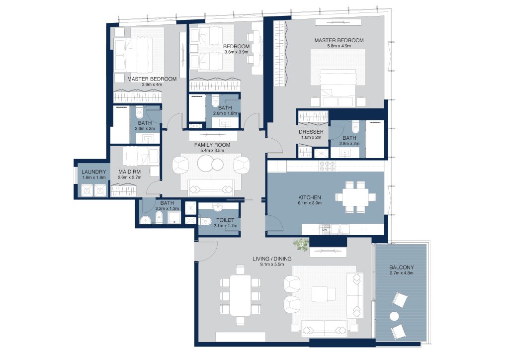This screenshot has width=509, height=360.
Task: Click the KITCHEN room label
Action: click(x=309, y=197)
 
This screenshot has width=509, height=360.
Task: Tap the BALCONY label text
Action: click(x=402, y=268)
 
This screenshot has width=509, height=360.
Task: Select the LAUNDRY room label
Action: click(x=94, y=172)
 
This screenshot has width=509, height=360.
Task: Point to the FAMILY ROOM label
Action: click(x=212, y=145)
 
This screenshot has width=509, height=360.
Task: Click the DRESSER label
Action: click(x=311, y=132)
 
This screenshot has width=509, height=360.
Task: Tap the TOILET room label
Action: click(x=225, y=220)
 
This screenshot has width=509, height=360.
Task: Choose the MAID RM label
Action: click(x=130, y=172)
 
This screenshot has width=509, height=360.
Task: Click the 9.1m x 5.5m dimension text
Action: click(x=272, y=264)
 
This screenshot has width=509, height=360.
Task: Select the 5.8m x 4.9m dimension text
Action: click(x=339, y=46)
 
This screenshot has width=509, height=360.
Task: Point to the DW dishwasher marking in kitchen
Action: click(x=325, y=230)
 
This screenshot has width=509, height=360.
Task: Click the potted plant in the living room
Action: click(x=301, y=244)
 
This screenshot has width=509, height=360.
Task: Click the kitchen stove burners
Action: click(x=328, y=166)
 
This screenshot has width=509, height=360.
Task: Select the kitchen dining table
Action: click(x=355, y=197)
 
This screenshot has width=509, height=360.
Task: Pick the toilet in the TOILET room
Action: click(x=206, y=221)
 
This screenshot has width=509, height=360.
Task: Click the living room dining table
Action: click(x=240, y=295)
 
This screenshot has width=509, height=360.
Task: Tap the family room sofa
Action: click(x=211, y=187)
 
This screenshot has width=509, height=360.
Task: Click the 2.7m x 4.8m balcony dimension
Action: click(x=402, y=273)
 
